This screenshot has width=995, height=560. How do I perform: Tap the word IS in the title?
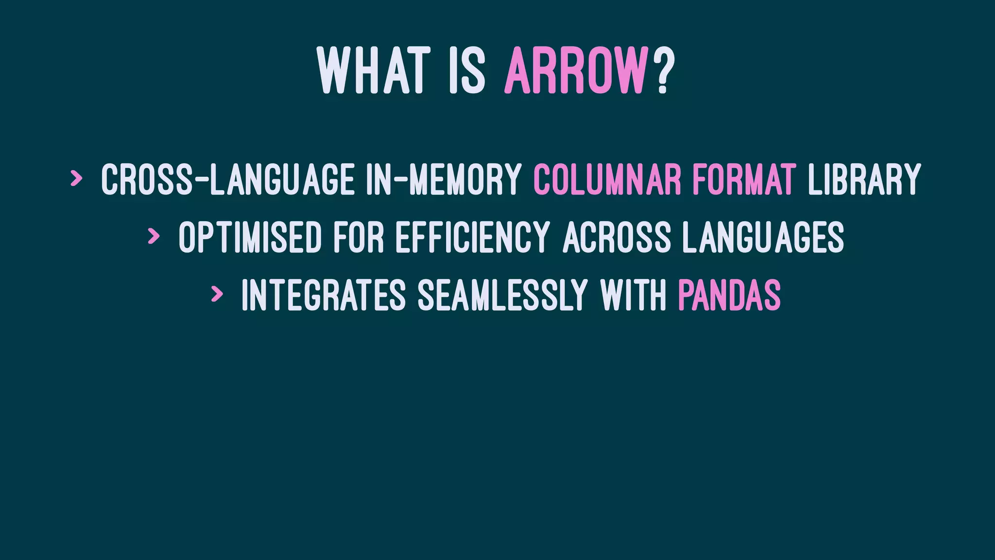pyautogui.click(x=467, y=71)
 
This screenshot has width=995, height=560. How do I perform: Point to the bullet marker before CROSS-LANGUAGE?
pyautogui.click(x=76, y=178)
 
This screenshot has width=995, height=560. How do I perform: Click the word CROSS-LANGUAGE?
pyautogui.click(x=227, y=179)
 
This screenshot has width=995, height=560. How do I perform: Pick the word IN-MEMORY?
pyautogui.click(x=443, y=179)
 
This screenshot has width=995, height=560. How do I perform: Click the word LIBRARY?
pyautogui.click(x=864, y=179)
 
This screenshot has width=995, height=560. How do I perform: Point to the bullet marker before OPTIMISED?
pyautogui.click(x=154, y=236)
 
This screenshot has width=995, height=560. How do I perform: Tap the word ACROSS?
pyautogui.click(x=617, y=237)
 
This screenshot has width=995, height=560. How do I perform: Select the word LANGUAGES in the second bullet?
pyautogui.click(x=763, y=237)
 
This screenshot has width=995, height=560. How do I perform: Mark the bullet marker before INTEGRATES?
pyautogui.click(x=217, y=294)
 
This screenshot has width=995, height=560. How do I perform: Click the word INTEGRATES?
pyautogui.click(x=324, y=295)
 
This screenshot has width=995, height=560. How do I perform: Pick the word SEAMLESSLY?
pyautogui.click(x=503, y=295)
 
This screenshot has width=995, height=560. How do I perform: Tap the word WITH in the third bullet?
pyautogui.click(x=633, y=295)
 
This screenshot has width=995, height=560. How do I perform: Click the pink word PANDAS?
pyautogui.click(x=729, y=295)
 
